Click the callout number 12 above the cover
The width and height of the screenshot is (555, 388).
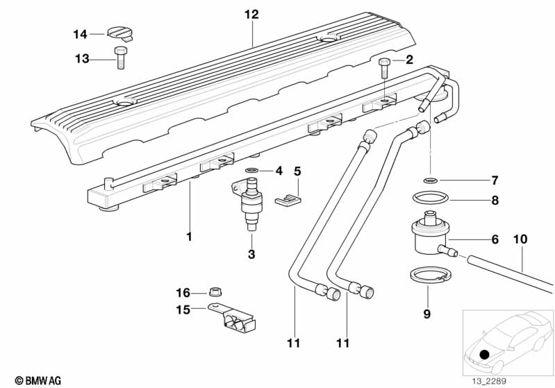[251, 15]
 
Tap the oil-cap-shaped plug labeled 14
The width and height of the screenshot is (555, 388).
[120, 33]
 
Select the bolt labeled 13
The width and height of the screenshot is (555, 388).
[120, 58]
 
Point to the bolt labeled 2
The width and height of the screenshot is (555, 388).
[385, 69]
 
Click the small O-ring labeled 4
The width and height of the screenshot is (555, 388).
[251, 171]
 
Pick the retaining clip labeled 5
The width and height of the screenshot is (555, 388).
[288, 200]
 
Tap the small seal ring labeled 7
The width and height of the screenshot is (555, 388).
[431, 180]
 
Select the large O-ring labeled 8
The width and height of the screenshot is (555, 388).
[431, 197]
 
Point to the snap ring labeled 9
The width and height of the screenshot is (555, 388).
[431, 275]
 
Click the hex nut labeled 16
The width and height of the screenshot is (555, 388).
[214, 292]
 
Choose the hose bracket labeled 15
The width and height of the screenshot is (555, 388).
[232, 319]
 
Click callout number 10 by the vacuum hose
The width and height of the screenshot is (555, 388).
[520, 239]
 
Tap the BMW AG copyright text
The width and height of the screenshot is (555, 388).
[38, 380]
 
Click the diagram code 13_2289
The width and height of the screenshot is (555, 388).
[489, 381]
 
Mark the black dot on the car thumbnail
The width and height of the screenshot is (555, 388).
[484, 354]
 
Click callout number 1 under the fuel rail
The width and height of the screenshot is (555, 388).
[190, 237]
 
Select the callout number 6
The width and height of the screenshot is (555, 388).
[495, 239]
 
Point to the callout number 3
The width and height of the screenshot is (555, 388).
[251, 254]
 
